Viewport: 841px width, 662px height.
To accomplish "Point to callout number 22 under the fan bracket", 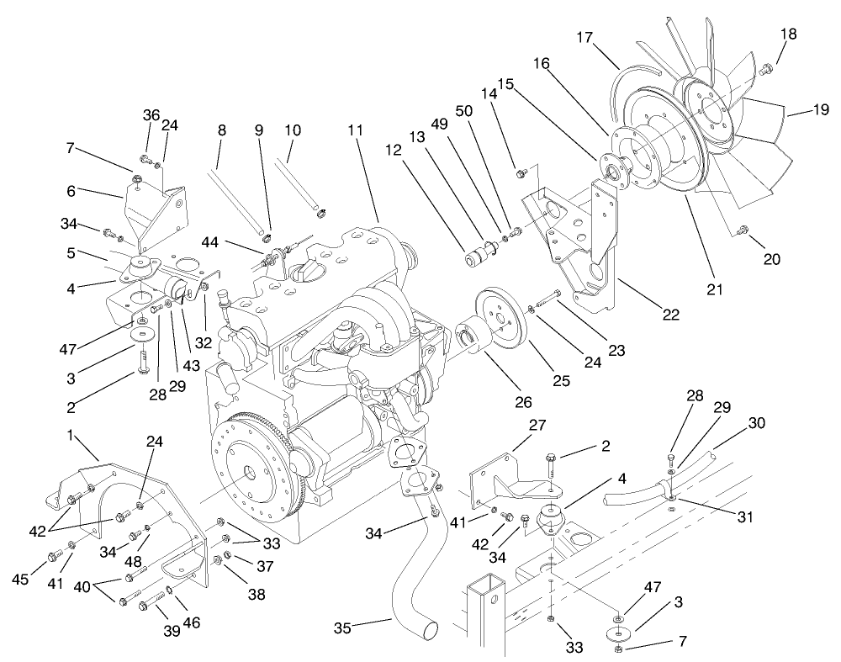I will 669,315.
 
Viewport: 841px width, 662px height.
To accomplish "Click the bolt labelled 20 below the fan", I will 742,230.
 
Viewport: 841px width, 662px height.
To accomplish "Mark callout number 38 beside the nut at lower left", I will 255,594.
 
